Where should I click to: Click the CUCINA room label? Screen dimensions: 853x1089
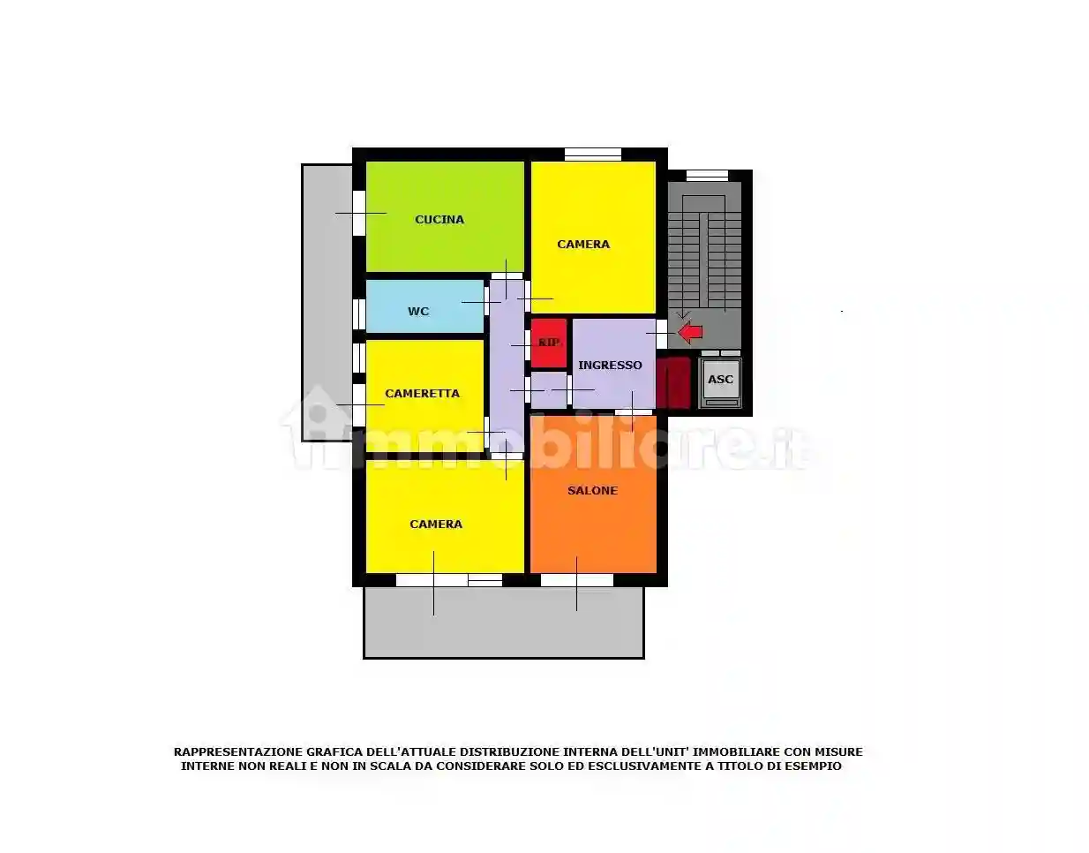click(x=439, y=220)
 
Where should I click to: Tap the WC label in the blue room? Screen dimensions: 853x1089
click(x=418, y=312)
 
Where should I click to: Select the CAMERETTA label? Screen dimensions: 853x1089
click(x=422, y=394)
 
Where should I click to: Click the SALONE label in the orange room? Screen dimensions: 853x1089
click(x=592, y=491)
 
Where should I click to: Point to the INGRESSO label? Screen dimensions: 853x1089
click(x=610, y=366)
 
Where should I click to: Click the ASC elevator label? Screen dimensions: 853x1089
click(x=720, y=380)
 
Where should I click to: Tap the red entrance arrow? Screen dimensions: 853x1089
click(x=690, y=332)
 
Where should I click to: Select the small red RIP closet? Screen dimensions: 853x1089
click(x=549, y=343)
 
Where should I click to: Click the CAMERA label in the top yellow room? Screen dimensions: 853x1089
click(x=583, y=245)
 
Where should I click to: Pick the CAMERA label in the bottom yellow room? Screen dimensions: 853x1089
click(x=436, y=525)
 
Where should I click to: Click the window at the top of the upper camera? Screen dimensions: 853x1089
click(x=592, y=154)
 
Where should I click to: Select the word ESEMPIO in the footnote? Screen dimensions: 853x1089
click(x=812, y=766)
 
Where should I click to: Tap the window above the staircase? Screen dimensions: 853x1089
click(x=707, y=175)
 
